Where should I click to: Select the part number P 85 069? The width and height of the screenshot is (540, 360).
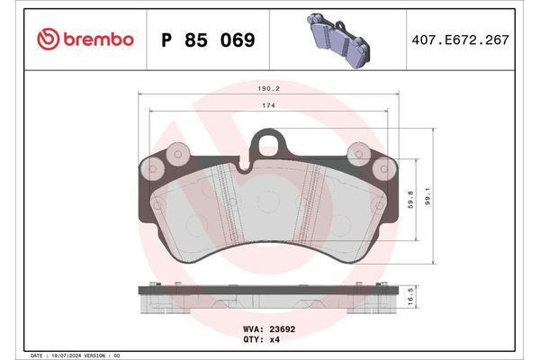[x=206, y=40]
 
